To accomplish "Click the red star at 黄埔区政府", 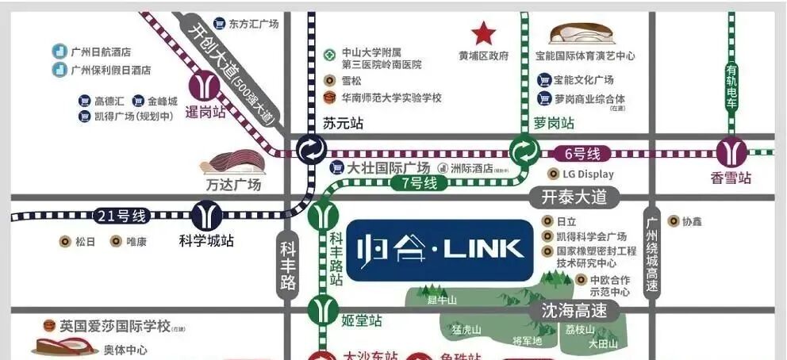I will [483, 34].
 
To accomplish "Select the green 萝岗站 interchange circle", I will [524, 150].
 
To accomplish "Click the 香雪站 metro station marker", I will [731, 151].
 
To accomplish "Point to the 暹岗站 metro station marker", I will [205, 83].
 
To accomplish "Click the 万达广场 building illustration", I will [235, 163].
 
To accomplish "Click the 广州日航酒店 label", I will [100, 52].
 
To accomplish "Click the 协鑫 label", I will [692, 221].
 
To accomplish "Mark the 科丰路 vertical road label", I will [288, 265].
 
